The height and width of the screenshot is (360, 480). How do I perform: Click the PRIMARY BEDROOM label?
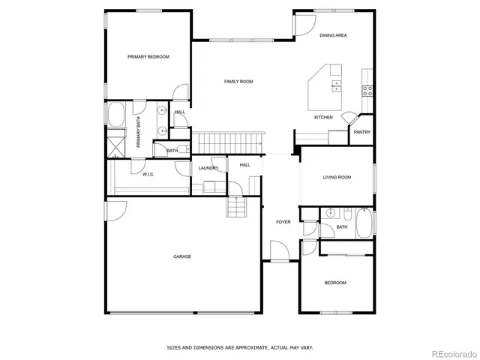click(148, 57)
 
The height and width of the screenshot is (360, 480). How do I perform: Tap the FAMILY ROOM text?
click(238, 81)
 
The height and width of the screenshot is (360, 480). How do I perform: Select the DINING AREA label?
click(333, 35)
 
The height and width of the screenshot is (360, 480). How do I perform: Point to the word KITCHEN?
click(323, 118)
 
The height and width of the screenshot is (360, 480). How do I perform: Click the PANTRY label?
click(362, 132)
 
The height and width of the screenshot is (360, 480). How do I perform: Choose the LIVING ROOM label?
click(337, 178)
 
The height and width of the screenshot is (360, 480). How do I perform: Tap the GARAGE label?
click(182, 256)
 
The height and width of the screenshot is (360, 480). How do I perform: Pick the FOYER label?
click(283, 222)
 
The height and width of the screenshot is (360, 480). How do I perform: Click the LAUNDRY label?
click(208, 168)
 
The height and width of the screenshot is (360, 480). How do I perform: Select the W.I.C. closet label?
click(148, 174)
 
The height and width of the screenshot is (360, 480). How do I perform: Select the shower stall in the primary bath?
click(115, 144)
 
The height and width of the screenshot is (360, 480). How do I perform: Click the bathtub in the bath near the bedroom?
click(364, 223)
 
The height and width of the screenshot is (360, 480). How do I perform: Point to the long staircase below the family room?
click(230, 140)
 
